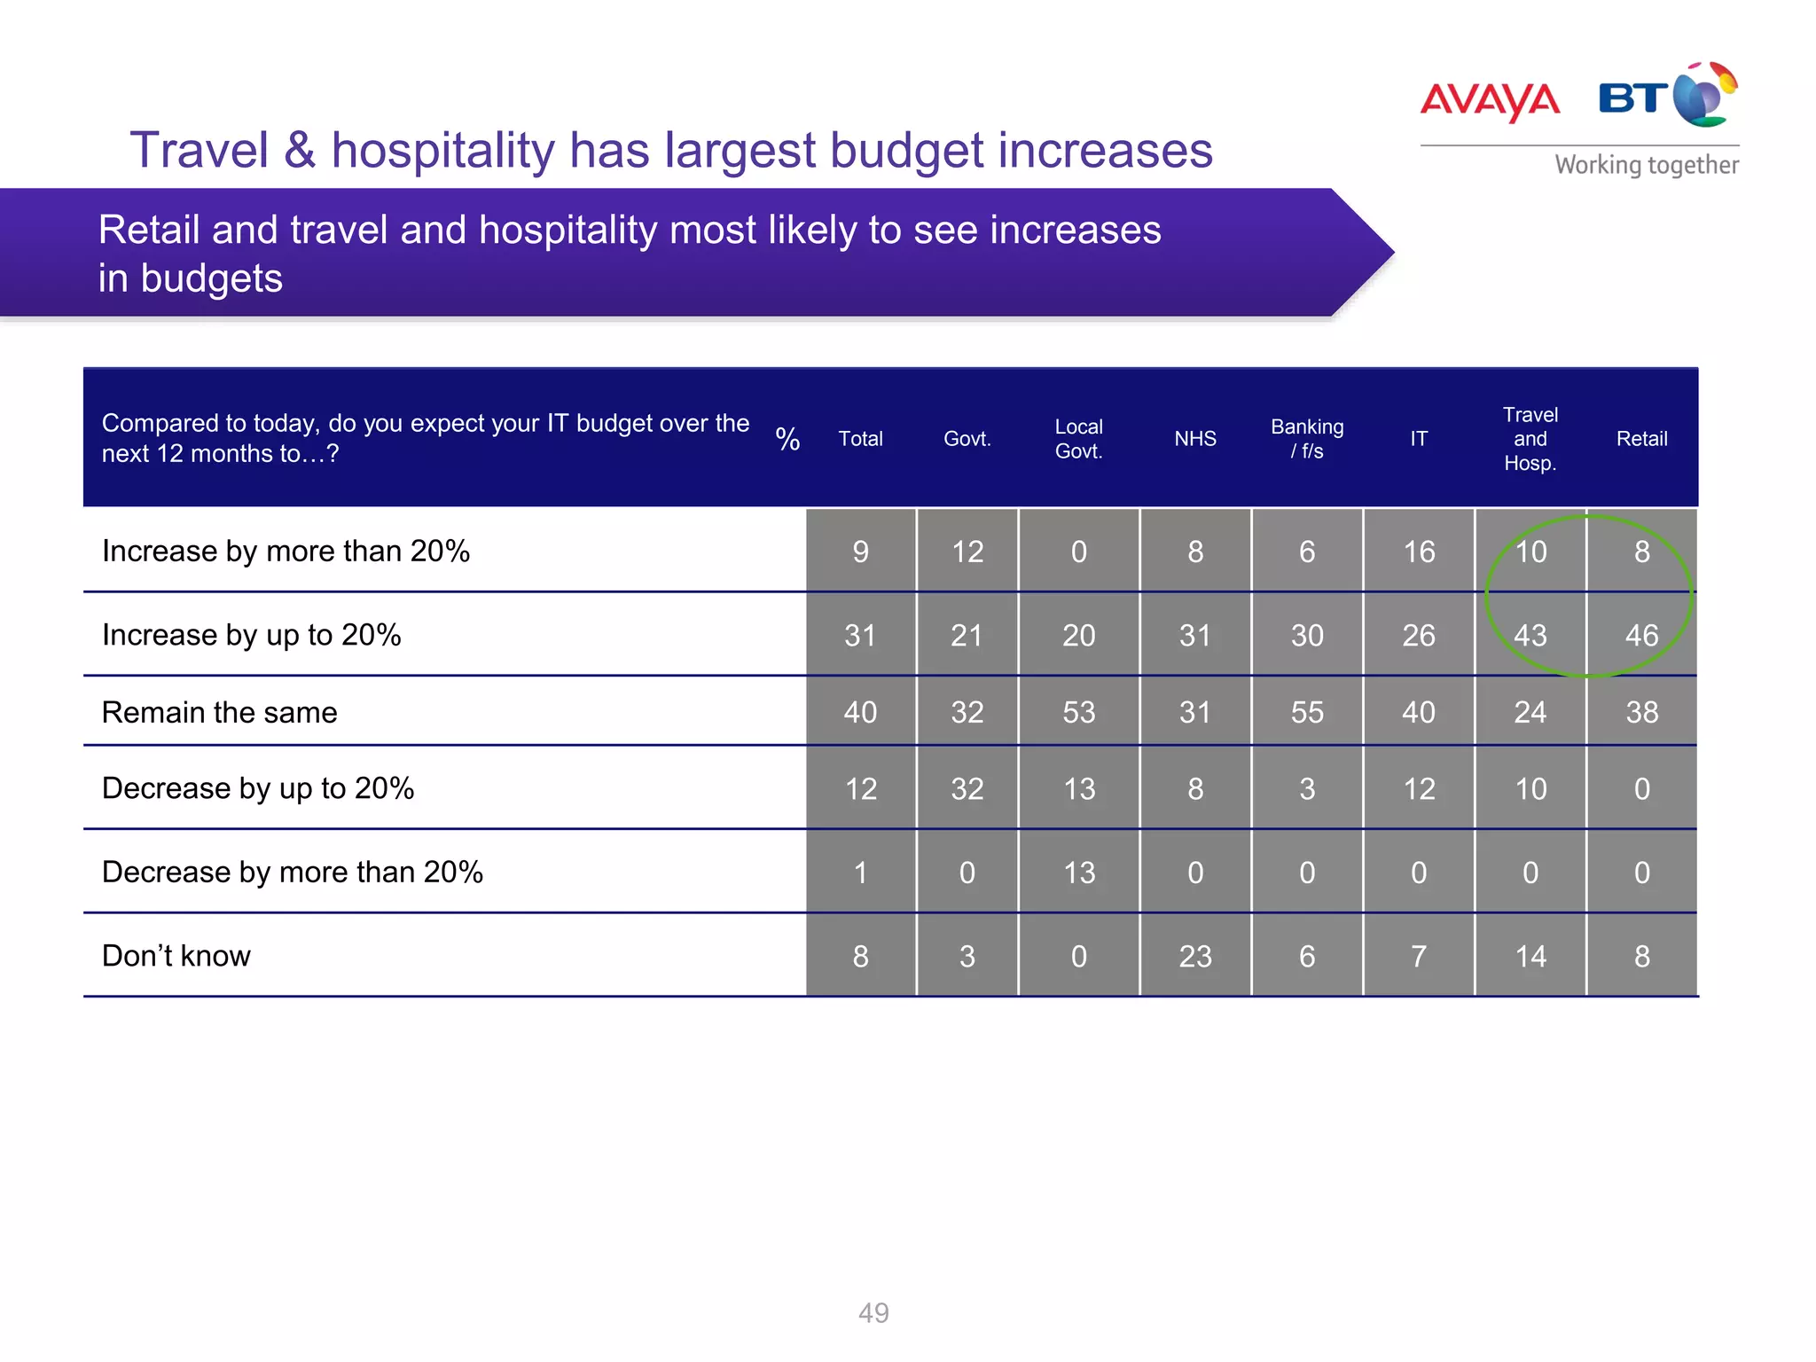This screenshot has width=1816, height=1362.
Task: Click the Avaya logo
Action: tap(1490, 101)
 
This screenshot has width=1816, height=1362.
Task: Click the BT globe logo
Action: tap(1668, 95)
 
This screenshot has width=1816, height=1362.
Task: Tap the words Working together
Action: tap(1646, 165)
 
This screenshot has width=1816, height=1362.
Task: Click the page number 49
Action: tap(873, 1312)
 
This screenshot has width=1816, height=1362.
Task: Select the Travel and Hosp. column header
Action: tap(1530, 439)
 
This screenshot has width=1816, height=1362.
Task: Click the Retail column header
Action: tap(1641, 439)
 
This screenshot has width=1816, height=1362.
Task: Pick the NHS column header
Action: tap(1194, 439)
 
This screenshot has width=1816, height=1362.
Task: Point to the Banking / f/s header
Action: tap(1307, 439)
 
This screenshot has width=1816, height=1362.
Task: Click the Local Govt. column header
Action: tap(1078, 439)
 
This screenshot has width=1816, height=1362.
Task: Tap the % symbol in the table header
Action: tap(787, 439)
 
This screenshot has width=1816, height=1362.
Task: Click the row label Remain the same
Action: tap(219, 713)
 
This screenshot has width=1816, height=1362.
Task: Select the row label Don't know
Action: tap(176, 956)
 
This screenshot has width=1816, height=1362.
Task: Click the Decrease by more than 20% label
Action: tap(292, 873)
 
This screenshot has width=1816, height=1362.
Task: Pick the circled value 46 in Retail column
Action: tap(1641, 636)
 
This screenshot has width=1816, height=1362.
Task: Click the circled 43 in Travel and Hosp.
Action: tap(1530, 636)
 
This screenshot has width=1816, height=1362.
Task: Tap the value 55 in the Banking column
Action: tap(1307, 713)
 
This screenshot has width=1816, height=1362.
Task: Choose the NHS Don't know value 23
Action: tap(1194, 957)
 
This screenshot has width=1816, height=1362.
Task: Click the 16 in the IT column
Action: tap(1419, 552)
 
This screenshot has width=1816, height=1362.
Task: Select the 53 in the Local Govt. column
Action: tap(1078, 713)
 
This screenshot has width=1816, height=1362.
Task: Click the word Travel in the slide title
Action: tap(199, 150)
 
